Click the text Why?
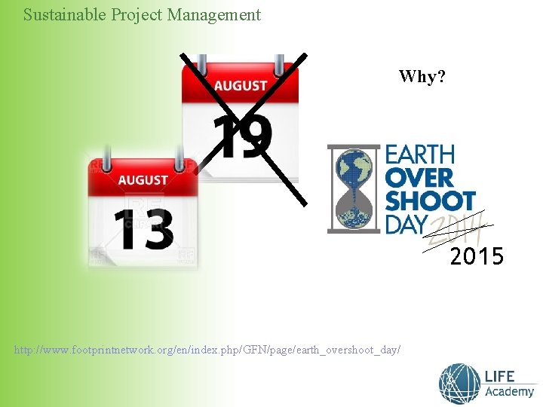pos(422,76)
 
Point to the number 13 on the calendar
pos(143,228)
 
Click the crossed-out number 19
pos(241,138)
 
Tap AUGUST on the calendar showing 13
pos(143,180)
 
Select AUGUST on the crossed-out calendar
pos(241,86)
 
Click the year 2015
pos(477,257)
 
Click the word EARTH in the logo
pos(420,155)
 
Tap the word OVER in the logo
pos(420,179)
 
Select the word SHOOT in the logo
pos(430,202)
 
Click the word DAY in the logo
pos(406,225)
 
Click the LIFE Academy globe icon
pos(459,384)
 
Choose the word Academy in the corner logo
pos(510,392)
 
